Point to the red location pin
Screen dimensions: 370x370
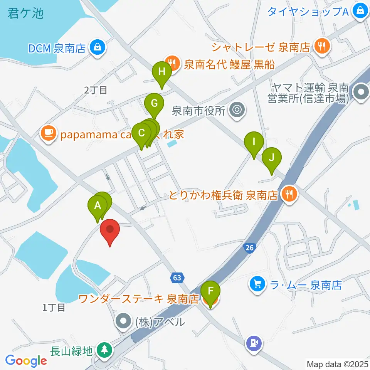coord(110,230)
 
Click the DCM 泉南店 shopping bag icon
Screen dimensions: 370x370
coord(96,48)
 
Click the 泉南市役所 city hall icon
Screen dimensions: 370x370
coord(236,111)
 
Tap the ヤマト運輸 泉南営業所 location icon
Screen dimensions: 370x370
coord(362,92)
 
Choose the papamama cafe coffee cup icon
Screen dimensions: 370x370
coord(48,133)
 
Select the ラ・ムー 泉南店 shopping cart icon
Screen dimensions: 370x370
coord(257,285)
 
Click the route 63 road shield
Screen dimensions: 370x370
coord(177,277)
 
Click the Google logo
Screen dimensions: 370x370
coord(26,361)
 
